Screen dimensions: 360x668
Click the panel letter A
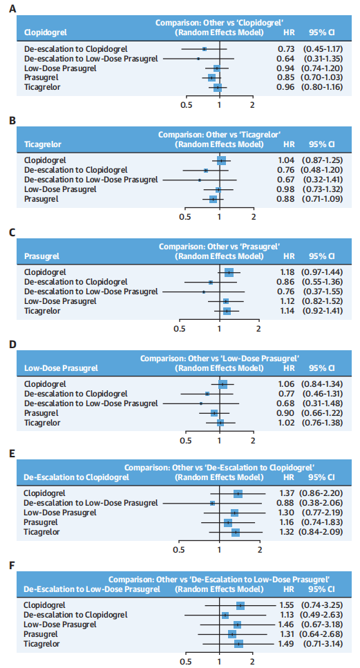[12, 8]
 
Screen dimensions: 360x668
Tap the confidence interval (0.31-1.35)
[323, 58]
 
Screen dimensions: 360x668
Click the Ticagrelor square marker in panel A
[218, 87]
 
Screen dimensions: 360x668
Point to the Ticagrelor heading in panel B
[43, 144]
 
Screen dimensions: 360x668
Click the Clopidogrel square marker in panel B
[222, 160]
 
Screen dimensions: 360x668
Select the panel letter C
[12, 233]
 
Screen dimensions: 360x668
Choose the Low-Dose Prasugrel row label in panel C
[60, 301]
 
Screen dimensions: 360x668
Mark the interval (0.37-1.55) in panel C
[323, 292]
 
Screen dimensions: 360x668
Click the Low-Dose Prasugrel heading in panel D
[61, 368]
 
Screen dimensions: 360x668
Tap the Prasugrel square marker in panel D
[214, 413]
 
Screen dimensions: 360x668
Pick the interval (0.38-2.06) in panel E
[323, 503]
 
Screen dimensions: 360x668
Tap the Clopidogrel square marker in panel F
[240, 605]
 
